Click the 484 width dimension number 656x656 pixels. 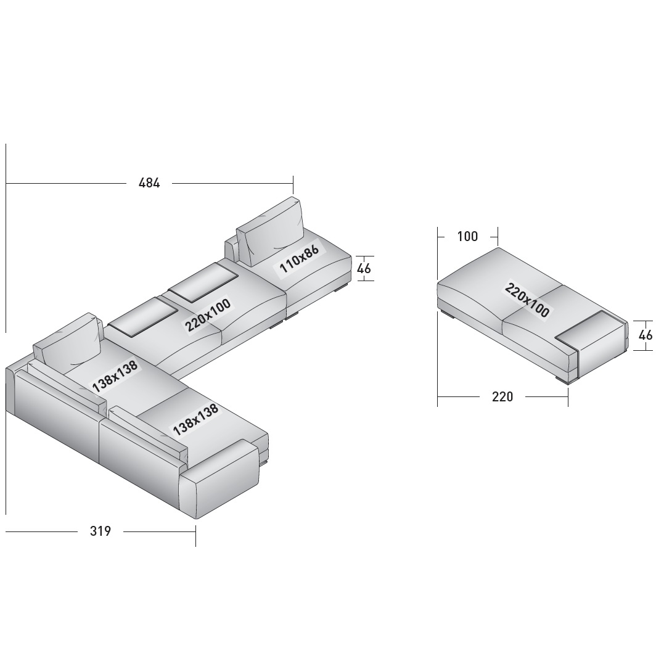point(149,183)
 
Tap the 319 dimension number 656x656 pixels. point(100,531)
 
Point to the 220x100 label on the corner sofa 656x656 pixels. point(208,314)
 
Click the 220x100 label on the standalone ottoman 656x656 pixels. point(527,300)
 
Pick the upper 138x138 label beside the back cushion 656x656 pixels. point(115,376)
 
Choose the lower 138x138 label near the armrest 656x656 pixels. point(195,419)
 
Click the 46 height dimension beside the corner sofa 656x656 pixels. point(364,268)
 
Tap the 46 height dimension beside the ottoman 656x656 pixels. point(646,335)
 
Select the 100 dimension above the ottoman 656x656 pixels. point(467,236)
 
